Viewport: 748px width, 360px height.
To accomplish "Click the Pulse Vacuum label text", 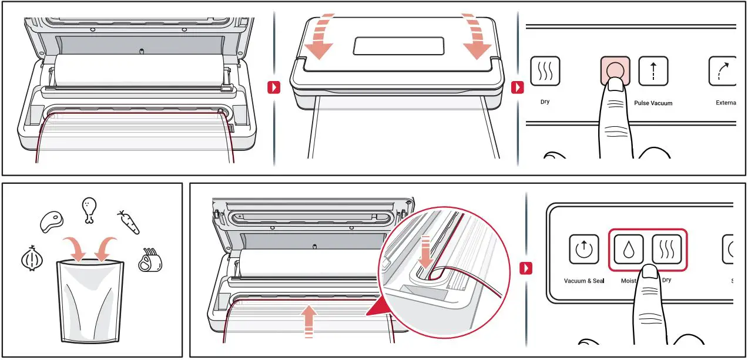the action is click(653, 103).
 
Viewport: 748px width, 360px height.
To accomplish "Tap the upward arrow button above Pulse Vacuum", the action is click(653, 71).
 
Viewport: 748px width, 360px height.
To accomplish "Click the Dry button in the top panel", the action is click(545, 71).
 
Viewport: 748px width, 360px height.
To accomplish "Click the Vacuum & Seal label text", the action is click(583, 281).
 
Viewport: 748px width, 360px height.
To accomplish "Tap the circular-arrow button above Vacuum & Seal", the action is click(583, 249).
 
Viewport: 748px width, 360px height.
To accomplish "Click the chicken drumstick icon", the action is click(89, 210).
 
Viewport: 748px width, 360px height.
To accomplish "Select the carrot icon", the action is click(128, 221).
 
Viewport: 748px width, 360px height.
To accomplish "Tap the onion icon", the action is click(31, 258).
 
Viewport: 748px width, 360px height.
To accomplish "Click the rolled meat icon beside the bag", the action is click(150, 260).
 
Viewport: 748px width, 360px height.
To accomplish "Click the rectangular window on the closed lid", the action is click(398, 46).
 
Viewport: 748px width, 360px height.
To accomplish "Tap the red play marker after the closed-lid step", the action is click(517, 88).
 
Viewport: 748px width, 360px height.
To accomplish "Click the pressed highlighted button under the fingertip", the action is click(615, 68).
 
